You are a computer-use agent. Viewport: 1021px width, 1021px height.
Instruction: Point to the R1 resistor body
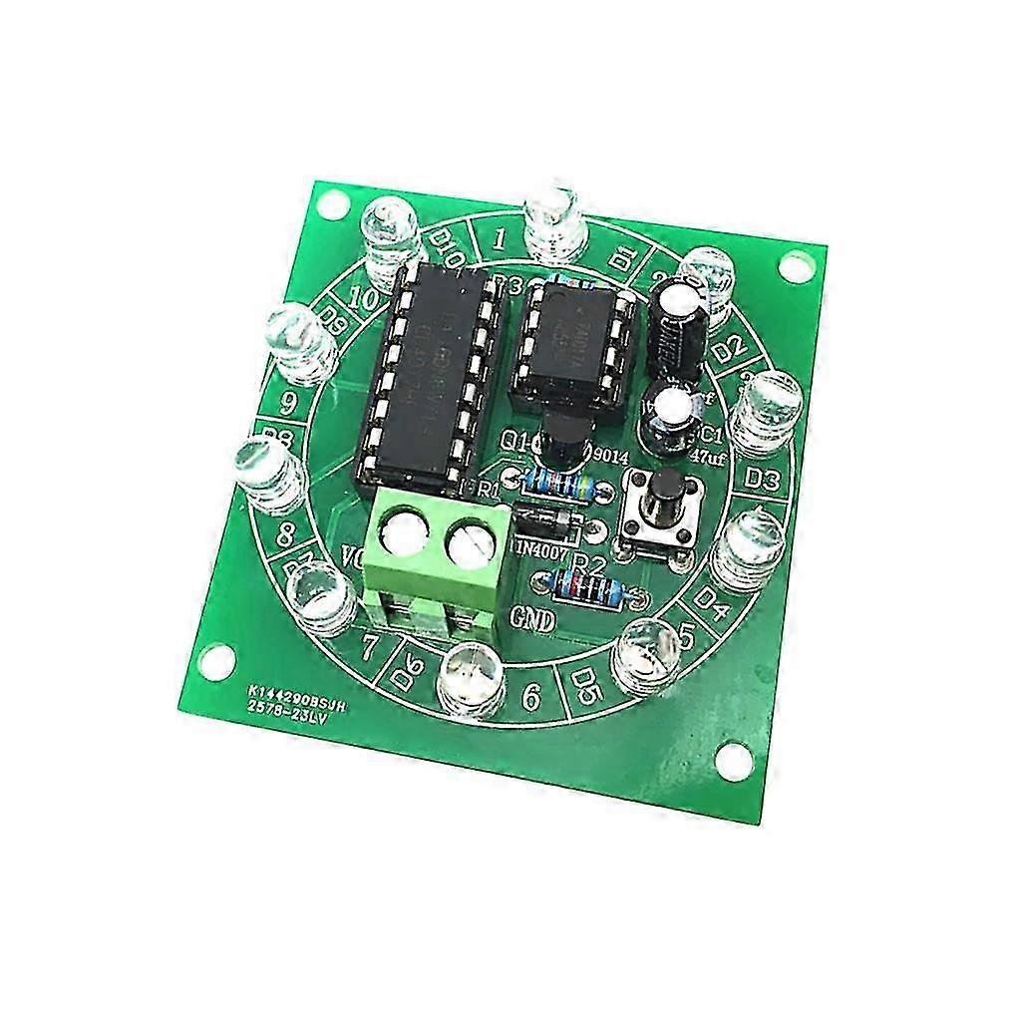click(x=560, y=486)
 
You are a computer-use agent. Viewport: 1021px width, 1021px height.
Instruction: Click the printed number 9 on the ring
click(x=289, y=403)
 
